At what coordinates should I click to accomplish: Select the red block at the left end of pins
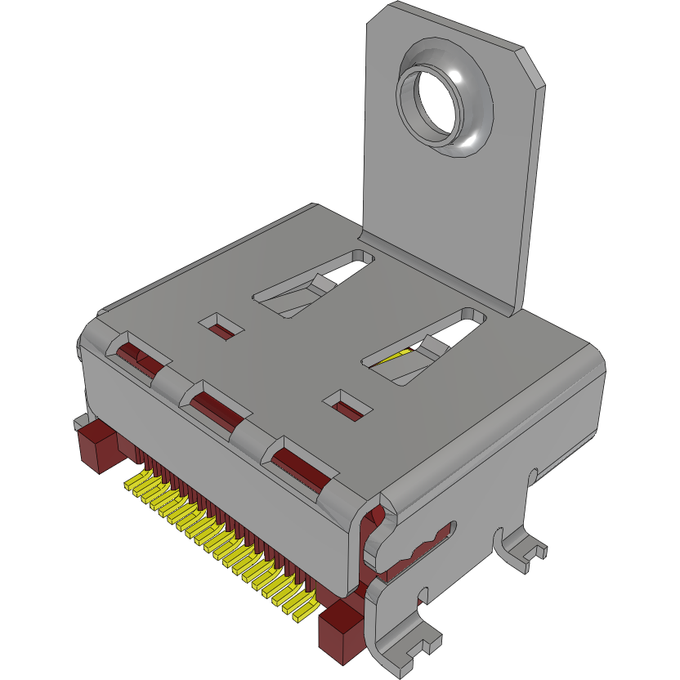96,447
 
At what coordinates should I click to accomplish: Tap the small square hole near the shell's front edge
348,405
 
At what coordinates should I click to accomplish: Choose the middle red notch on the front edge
216,405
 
